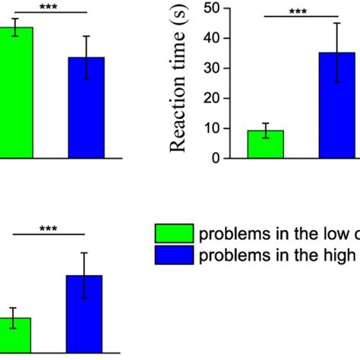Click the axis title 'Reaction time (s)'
[x=179, y=83]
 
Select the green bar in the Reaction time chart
[x=265, y=144]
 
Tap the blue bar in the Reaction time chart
[x=337, y=106]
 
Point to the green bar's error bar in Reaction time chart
[x=265, y=131]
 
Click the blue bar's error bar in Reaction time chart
[x=337, y=52]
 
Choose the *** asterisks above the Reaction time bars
[x=297, y=11]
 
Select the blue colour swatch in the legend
[x=174, y=255]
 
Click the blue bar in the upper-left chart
[x=87, y=107]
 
